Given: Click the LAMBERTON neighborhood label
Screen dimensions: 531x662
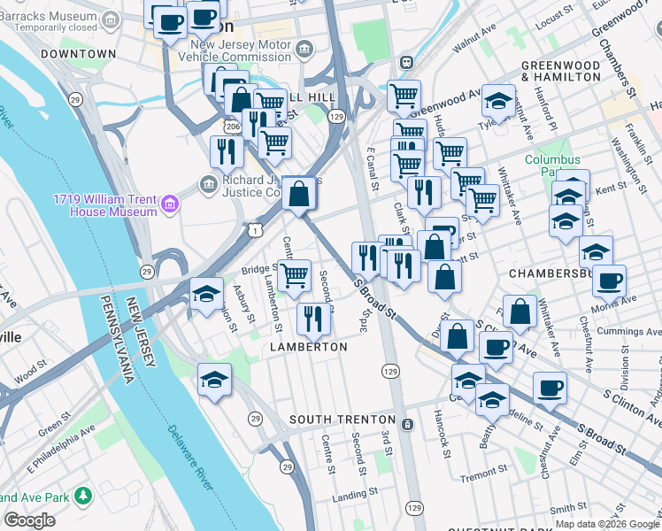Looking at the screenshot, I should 309,348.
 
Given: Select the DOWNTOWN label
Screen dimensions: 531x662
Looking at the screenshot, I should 79,54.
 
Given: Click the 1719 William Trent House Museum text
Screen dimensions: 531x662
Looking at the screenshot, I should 104,205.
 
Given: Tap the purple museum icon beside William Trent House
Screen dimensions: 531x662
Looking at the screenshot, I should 170,205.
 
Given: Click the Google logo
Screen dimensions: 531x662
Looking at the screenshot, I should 29,520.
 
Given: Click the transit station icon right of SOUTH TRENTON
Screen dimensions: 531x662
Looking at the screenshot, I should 407,424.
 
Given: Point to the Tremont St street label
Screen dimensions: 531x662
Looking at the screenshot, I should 483,475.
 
